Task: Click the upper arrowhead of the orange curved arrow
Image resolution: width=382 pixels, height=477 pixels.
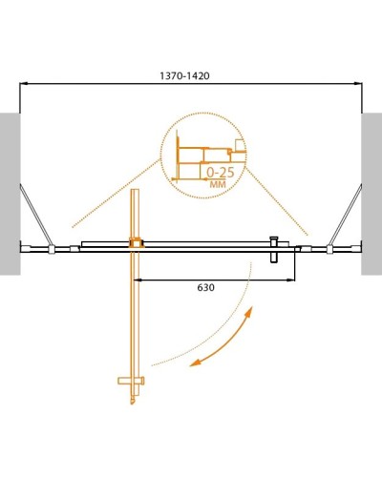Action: pyautogui.click(x=250, y=313)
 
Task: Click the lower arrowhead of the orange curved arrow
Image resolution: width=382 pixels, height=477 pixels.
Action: pyautogui.click(x=195, y=363)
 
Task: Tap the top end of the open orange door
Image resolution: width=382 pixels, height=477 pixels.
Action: pyautogui.click(x=136, y=197)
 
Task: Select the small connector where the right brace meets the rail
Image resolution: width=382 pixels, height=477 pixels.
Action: pyautogui.click(x=329, y=250)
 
